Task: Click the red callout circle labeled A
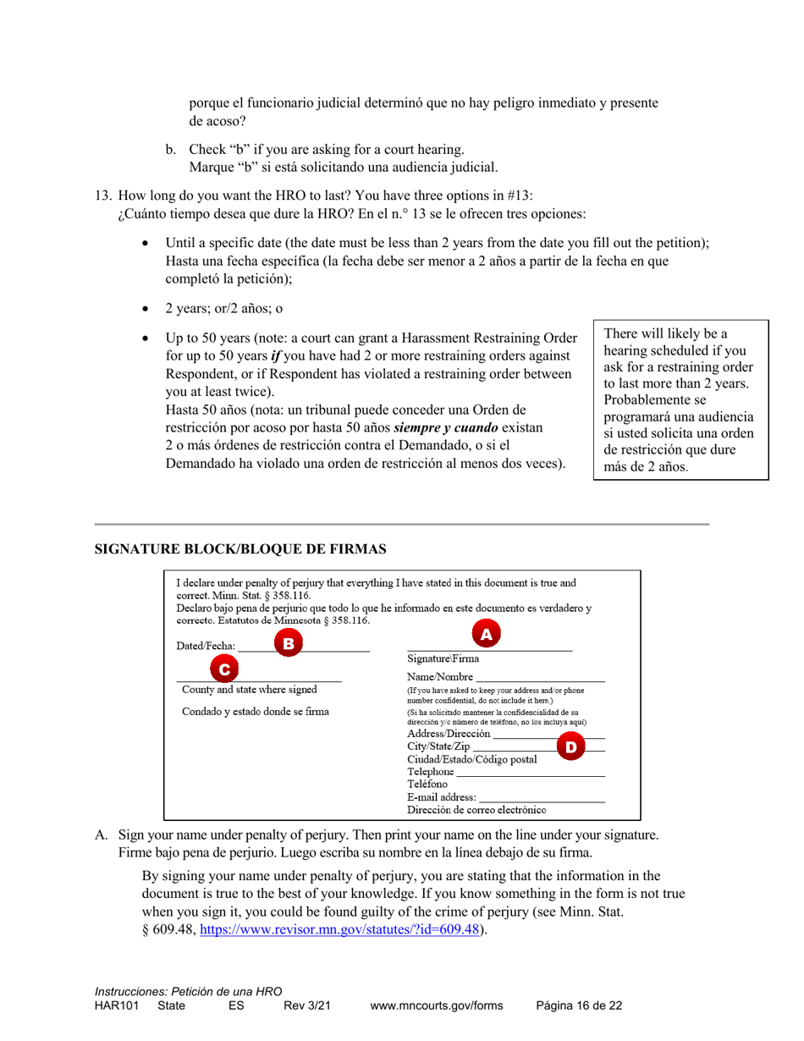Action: click(486, 633)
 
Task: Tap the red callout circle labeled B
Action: click(288, 644)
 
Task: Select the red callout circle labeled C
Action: click(224, 669)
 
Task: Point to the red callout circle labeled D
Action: click(571, 746)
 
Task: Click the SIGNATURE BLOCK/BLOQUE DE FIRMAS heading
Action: click(240, 549)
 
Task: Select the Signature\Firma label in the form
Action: click(443, 659)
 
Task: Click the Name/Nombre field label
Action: click(439, 678)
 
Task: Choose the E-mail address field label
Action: click(441, 797)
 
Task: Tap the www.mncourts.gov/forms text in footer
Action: click(437, 1005)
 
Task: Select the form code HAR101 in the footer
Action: click(115, 1005)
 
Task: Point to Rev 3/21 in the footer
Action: click(306, 1005)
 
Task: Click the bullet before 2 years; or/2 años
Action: click(149, 310)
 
